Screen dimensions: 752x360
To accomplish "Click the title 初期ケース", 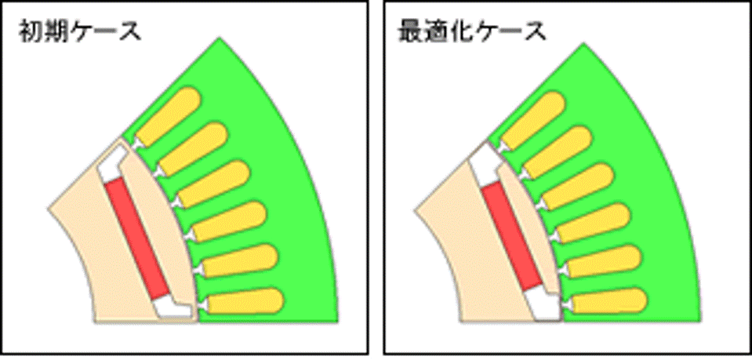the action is [80, 33].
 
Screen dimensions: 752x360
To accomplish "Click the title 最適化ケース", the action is [472, 33].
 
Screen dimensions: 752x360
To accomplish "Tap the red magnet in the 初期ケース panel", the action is [137, 238].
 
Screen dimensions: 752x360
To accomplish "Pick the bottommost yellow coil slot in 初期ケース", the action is [245, 301].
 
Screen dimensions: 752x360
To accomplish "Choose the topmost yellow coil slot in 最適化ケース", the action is [532, 119].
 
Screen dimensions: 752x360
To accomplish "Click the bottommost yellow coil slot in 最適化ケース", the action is [609, 301].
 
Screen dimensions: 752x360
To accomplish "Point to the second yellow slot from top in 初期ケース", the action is [192, 148].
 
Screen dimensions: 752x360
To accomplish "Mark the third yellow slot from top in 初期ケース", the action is [213, 184].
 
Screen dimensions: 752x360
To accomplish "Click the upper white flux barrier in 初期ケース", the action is [111, 163].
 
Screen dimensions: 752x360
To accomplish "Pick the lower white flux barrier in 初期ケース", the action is [175, 307].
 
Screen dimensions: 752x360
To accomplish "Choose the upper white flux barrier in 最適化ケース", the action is [485, 166].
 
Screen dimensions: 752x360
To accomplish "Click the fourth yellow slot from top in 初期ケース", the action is [229, 221].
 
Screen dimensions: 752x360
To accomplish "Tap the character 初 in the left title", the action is [30, 33].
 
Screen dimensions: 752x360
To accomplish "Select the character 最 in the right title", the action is [410, 33].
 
